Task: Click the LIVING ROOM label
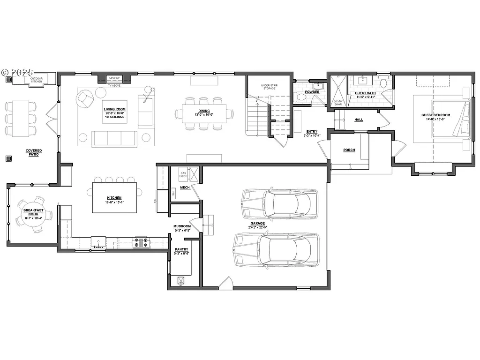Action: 114,109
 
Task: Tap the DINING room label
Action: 203,111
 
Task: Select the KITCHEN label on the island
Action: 114,198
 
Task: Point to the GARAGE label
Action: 257,223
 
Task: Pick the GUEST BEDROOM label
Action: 435,115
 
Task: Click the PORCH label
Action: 349,150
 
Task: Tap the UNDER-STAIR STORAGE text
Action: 269,87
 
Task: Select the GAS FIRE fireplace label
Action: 114,78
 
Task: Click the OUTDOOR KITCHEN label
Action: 37,80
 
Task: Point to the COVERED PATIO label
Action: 34,152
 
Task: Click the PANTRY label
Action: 181,249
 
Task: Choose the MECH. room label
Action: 185,187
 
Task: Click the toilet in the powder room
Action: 301,97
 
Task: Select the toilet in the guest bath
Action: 383,83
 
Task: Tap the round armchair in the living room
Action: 86,98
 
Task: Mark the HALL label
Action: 359,120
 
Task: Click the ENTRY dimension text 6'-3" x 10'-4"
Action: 311,136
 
